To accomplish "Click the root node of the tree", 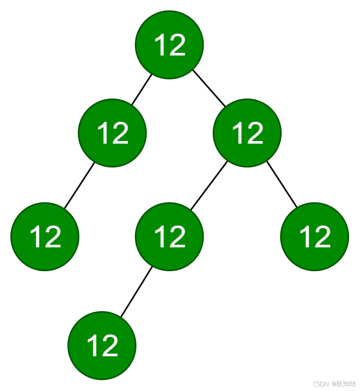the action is tap(169, 45).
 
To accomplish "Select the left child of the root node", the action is tap(112, 133).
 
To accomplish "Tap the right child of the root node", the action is tap(247, 133).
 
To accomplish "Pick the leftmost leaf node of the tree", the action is tap(45, 236).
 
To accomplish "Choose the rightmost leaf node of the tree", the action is tap(314, 236).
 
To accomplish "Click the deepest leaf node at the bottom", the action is tap(102, 345).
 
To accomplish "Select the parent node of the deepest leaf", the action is tap(169, 236).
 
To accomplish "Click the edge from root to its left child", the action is tap(141, 90).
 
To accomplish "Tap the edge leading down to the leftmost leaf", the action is tap(79, 186).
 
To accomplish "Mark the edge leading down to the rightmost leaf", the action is tap(282, 185).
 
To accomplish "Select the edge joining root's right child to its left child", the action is tap(209, 186).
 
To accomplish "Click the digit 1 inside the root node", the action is tap(160, 45).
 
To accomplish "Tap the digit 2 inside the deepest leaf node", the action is tap(109, 346).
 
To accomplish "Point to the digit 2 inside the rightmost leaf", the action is tap(322, 237).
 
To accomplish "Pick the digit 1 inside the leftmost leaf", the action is tap(35, 237).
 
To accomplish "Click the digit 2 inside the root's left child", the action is tap(120, 134).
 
